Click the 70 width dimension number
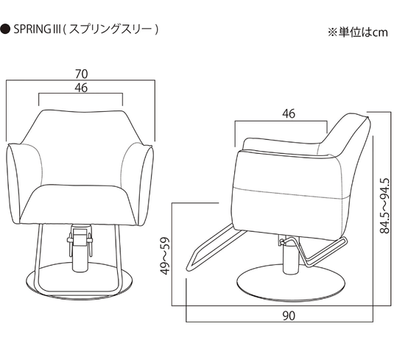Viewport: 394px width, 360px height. pyautogui.click(x=82, y=74)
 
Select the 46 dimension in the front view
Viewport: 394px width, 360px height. pyautogui.click(x=81, y=88)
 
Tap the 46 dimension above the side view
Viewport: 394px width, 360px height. pyautogui.click(x=289, y=114)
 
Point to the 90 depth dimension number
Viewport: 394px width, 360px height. pyautogui.click(x=289, y=316)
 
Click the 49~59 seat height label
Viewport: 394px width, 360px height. pyautogui.click(x=165, y=255)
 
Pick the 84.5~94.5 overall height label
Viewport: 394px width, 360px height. pyautogui.click(x=384, y=206)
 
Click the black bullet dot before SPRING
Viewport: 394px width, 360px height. pyautogui.click(x=5, y=29)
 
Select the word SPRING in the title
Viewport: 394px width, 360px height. pyautogui.click(x=29, y=29)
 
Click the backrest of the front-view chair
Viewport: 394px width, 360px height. pyautogui.click(x=81, y=147)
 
